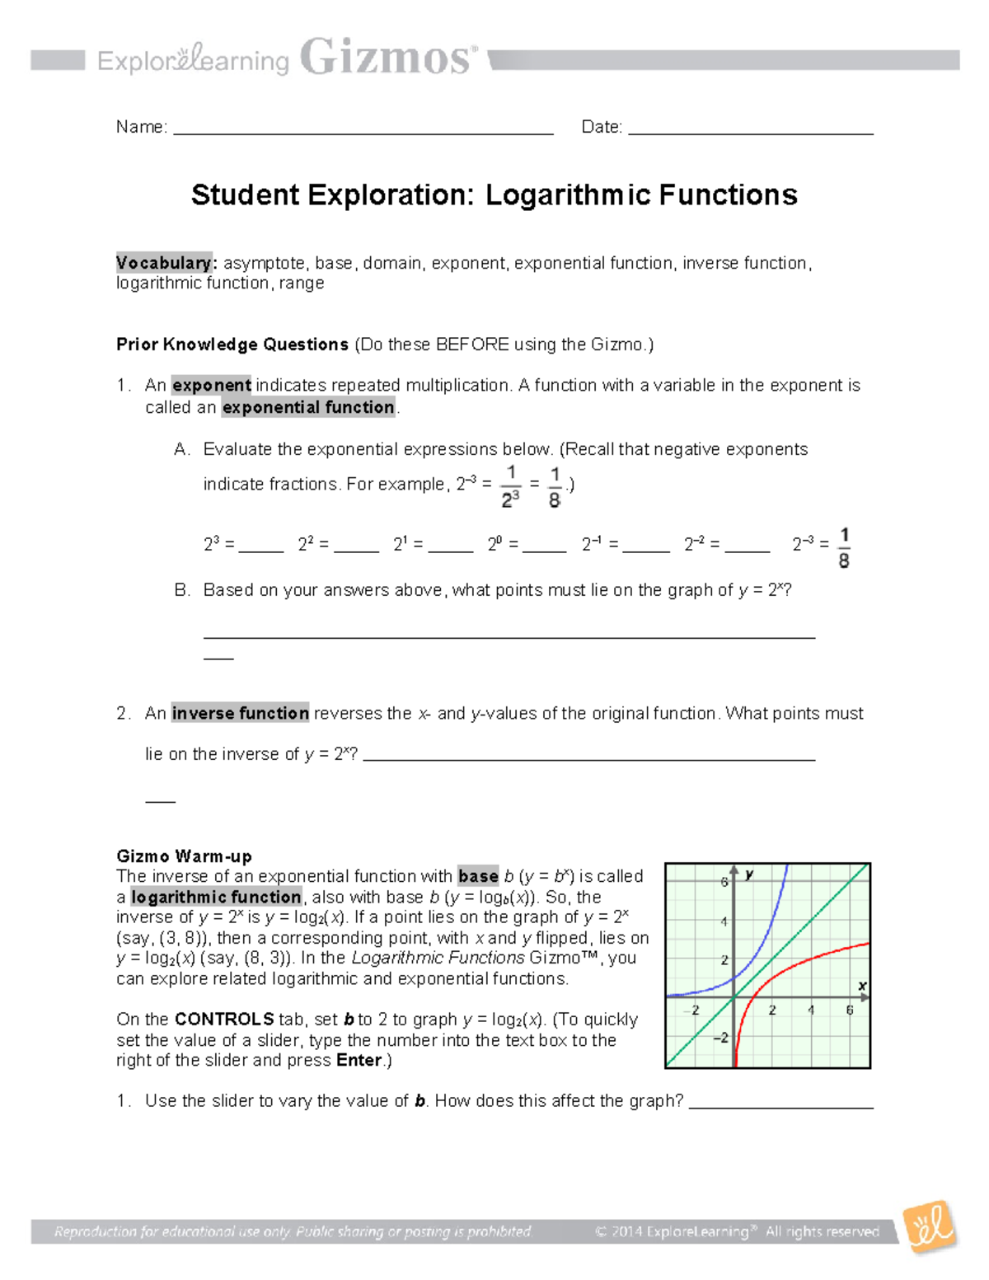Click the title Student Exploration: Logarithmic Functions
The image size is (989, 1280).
coord(494,195)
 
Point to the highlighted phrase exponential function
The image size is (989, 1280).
coord(308,407)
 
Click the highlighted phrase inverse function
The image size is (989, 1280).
coord(240,713)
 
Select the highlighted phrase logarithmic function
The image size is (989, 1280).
coord(216,897)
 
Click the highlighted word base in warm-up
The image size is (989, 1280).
coord(478,876)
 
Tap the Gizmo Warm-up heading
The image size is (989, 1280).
coord(184,856)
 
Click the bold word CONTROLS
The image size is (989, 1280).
coord(224,1020)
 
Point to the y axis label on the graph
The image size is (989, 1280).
coord(749,874)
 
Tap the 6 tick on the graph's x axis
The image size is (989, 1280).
coord(849,1010)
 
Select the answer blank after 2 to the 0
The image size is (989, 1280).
coord(544,546)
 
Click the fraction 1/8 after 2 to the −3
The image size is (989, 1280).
coord(843,548)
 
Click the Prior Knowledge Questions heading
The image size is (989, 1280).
coord(232,345)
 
